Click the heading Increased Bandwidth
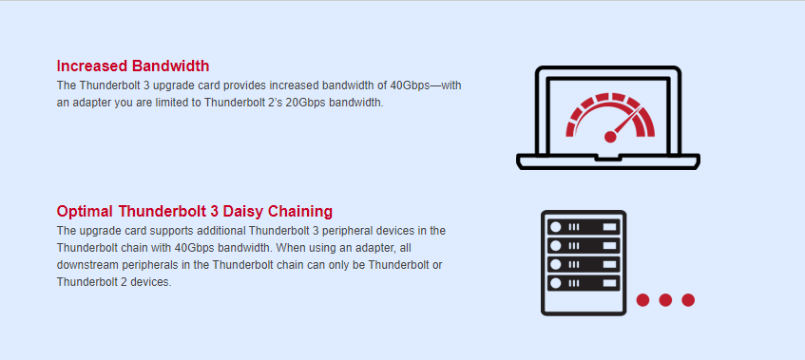click(x=133, y=66)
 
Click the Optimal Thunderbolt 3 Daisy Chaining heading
click(x=195, y=211)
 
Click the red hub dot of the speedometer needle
click(x=610, y=137)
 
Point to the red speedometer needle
click(x=625, y=123)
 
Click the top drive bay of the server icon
click(x=584, y=227)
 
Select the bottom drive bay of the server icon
click(x=584, y=283)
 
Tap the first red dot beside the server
click(x=642, y=300)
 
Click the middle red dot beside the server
click(x=665, y=300)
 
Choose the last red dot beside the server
click(x=688, y=300)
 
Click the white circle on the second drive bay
click(x=555, y=246)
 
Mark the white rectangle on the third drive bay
click(x=609, y=265)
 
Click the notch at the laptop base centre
click(x=608, y=158)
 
